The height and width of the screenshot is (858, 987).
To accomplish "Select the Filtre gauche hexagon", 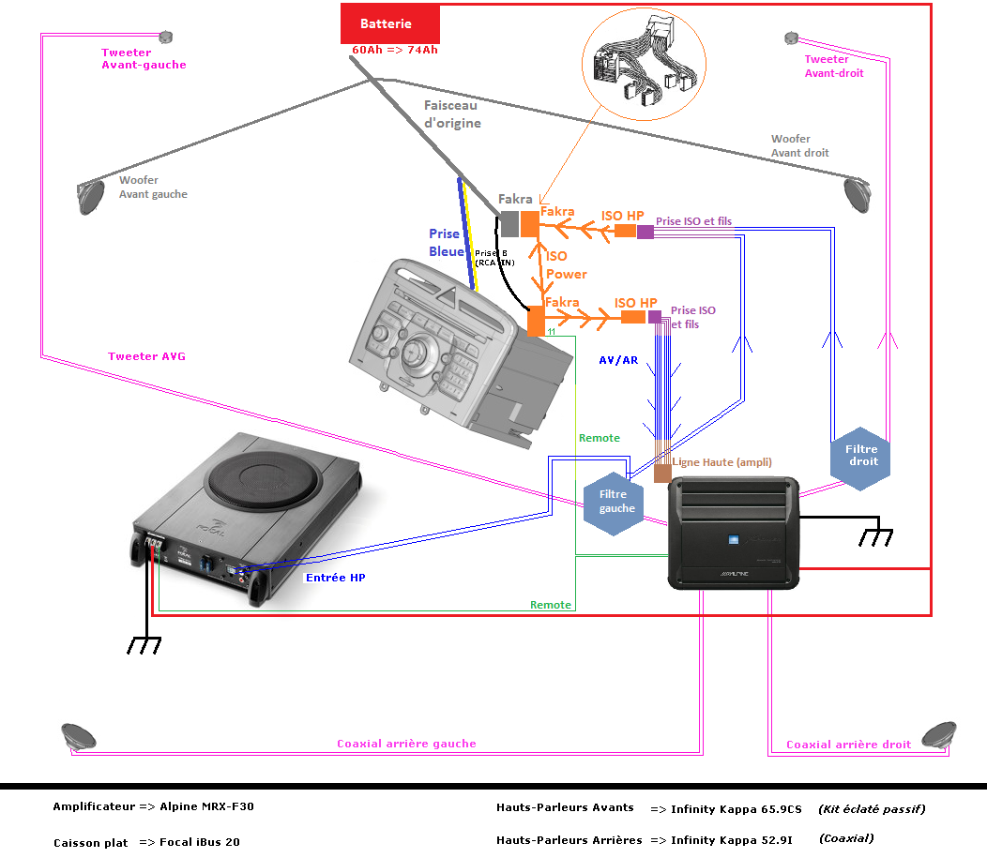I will (616, 503).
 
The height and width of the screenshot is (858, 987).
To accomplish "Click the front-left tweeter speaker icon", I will (166, 38).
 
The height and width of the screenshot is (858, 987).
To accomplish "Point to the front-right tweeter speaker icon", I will (791, 38).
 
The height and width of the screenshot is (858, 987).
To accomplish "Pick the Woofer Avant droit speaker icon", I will (857, 191).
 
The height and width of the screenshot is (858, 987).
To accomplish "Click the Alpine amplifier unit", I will (733, 533).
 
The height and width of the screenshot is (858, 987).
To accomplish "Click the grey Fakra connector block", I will (508, 224).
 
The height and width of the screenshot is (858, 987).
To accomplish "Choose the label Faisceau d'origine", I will (452, 114).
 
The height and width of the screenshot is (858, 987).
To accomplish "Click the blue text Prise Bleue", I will (447, 242).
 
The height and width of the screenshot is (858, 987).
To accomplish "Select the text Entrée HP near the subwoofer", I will (335, 578).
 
